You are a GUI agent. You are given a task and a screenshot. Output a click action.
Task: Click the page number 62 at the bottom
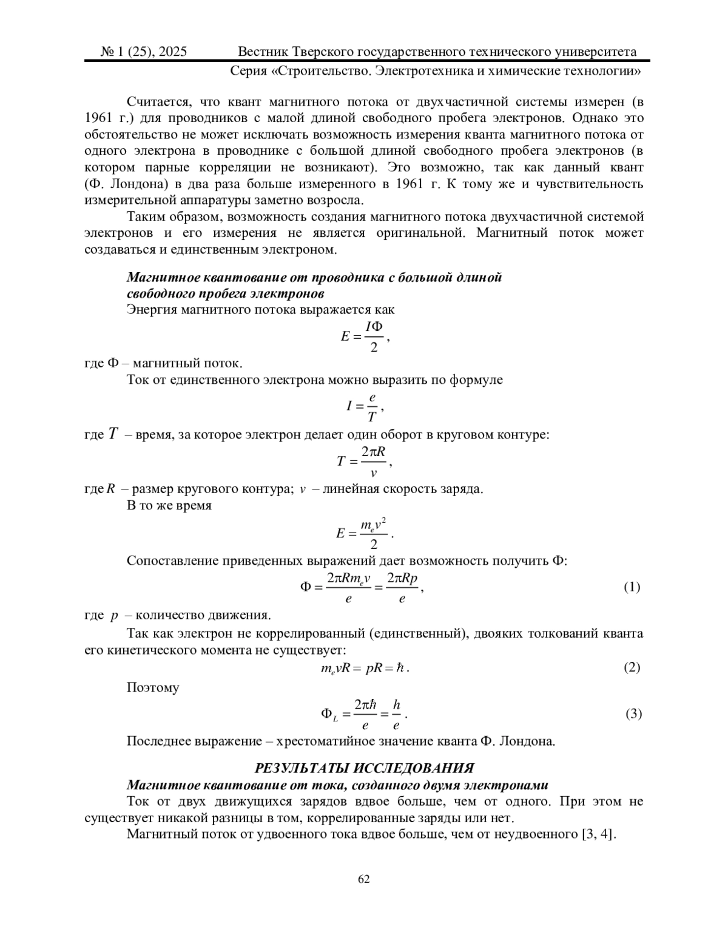click(x=364, y=879)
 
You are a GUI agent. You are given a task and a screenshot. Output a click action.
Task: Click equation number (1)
click(x=632, y=587)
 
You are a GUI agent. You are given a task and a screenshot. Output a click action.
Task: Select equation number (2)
click(x=632, y=668)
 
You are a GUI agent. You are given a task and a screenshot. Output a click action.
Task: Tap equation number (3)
click(x=633, y=714)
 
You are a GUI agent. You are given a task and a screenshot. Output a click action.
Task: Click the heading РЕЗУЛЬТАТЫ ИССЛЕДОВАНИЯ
click(x=364, y=768)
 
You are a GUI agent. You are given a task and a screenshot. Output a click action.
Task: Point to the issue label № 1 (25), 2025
click(x=144, y=52)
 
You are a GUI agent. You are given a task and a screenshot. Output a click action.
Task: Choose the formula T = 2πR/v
click(x=364, y=461)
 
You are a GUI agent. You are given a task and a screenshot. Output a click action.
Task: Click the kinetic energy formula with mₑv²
click(x=365, y=533)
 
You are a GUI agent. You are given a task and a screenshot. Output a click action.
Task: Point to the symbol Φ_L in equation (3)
click(x=329, y=715)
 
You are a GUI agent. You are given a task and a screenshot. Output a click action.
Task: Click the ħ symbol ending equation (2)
click(x=400, y=668)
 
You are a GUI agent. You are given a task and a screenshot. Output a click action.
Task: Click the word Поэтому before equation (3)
click(x=153, y=688)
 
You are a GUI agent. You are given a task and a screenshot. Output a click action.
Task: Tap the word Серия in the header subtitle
click(x=248, y=72)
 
